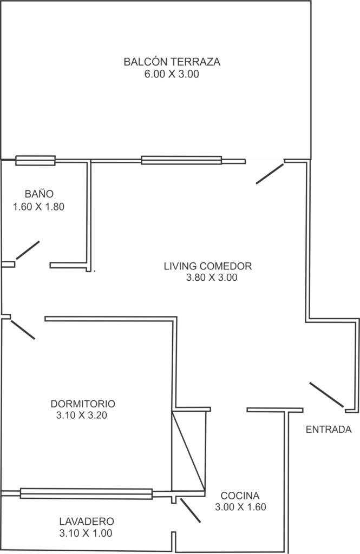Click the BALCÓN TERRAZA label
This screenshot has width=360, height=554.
coord(172,62)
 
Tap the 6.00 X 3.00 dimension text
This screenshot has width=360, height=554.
coord(172,74)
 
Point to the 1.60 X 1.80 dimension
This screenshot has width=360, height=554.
coord(38,207)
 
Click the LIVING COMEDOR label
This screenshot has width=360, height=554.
coord(207,266)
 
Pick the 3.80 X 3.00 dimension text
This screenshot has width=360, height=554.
coord(212,278)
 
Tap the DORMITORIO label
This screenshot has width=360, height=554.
coord(83,404)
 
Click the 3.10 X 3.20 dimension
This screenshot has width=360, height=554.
coord(81,415)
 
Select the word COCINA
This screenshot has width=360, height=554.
coord(240,496)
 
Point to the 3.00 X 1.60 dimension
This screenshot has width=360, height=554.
coord(240,507)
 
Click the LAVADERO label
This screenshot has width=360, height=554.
coord(87,521)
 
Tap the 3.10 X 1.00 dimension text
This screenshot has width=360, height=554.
coord(86,533)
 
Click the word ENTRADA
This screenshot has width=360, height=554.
coord(329,429)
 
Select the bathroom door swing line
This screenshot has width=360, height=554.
coord(28,250)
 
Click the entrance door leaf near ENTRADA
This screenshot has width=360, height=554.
coord(326,394)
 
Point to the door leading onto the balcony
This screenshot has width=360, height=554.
coord(270,174)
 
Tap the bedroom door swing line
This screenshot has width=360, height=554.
coord(23,330)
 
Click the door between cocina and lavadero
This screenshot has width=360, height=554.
coord(190,510)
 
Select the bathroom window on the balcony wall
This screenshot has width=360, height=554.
coord(35,160)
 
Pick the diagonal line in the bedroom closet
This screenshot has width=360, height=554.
coord(188,451)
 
